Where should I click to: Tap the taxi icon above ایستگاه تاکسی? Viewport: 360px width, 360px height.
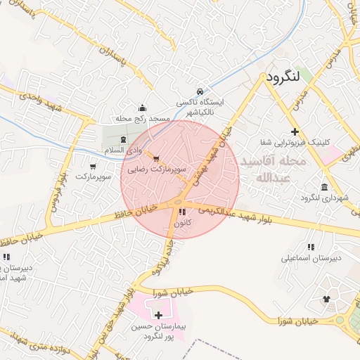click(200, 91)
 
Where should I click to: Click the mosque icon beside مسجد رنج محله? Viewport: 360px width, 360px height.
click(143, 108)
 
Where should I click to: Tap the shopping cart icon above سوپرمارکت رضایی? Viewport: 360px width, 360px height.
click(156, 158)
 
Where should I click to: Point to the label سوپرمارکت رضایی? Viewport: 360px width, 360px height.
click(157, 169)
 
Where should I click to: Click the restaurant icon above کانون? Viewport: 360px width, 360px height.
click(183, 212)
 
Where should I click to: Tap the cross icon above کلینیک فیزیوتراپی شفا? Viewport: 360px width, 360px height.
click(295, 131)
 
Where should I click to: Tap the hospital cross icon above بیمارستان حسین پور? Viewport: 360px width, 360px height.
click(157, 315)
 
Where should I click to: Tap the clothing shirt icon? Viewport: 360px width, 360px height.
click(326, 299)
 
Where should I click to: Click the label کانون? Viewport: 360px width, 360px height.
click(182, 223)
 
